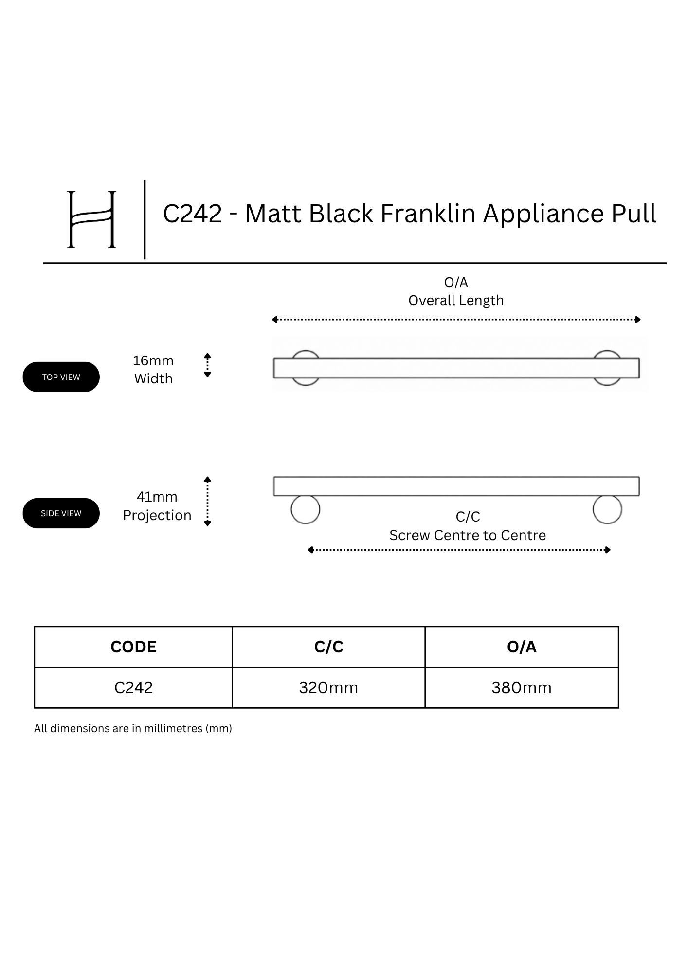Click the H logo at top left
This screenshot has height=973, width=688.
(x=91, y=219)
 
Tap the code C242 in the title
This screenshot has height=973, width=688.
(x=192, y=214)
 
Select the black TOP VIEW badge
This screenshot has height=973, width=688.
(x=61, y=377)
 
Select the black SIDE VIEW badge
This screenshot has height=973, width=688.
(x=61, y=513)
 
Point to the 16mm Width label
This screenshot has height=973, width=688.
(x=153, y=370)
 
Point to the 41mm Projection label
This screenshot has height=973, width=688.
(x=157, y=506)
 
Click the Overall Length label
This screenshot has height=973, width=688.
(x=456, y=301)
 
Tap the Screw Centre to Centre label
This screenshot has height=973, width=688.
(x=468, y=535)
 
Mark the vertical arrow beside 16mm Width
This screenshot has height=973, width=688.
(x=207, y=365)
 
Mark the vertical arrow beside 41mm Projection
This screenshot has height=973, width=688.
(x=207, y=501)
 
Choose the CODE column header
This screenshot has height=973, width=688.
(x=133, y=647)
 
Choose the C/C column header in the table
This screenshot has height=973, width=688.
(x=329, y=647)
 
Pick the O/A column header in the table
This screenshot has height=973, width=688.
(x=522, y=647)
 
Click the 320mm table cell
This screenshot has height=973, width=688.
(x=328, y=688)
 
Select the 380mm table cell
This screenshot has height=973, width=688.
(x=522, y=688)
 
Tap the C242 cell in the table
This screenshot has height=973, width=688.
(x=133, y=688)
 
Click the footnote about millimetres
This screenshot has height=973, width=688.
(x=133, y=729)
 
